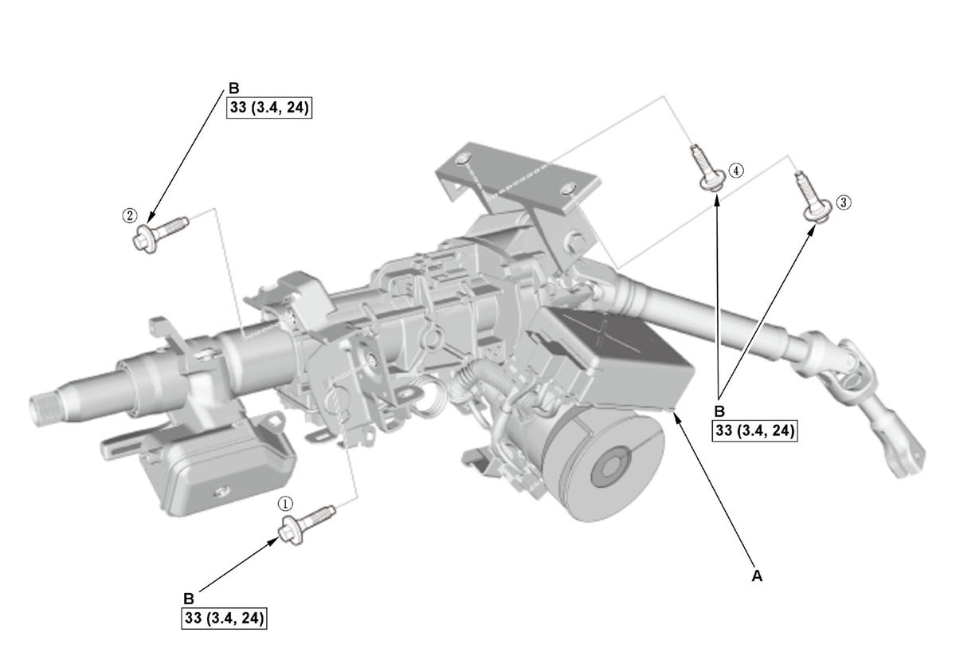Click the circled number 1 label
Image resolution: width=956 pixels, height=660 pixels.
point(285,504)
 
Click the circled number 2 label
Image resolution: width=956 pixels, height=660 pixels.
point(129,214)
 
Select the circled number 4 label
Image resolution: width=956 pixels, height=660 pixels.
point(736,171)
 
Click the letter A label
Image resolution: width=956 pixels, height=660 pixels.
point(757,575)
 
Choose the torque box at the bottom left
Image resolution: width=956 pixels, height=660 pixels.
point(224,618)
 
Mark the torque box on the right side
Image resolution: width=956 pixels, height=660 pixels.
point(754,430)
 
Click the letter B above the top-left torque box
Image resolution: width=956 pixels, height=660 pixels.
point(233,89)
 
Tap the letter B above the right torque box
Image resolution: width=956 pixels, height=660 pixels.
point(719,411)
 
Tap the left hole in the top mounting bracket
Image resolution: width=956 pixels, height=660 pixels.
point(464,163)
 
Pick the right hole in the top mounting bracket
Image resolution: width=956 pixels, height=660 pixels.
point(566,190)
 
